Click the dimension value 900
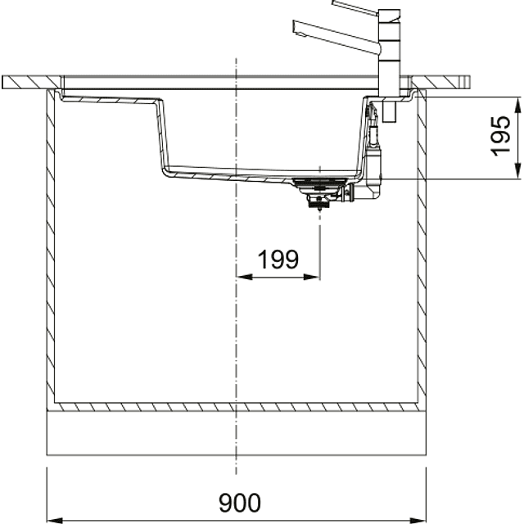240,502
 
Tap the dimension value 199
278,260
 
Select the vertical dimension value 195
501,136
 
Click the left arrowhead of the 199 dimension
244,277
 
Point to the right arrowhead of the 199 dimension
311,277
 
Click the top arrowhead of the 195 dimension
518,106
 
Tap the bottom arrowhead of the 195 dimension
518,171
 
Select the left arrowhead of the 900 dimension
55,521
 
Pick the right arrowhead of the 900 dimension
418,521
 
